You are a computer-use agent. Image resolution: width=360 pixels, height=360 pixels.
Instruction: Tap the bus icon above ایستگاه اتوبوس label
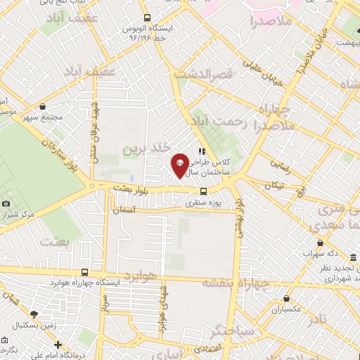(146, 18)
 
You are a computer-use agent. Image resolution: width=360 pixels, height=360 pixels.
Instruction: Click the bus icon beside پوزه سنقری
(203, 191)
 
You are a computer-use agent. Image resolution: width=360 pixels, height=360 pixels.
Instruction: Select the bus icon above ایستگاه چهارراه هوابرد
(84, 272)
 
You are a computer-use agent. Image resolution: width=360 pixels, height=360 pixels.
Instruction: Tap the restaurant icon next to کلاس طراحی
(202, 151)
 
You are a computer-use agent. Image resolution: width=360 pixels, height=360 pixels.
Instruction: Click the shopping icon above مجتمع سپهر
(44, 106)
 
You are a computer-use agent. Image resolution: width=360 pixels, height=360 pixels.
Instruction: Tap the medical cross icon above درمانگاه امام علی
(58, 345)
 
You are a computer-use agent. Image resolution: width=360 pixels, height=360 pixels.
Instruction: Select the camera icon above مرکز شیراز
(6, 203)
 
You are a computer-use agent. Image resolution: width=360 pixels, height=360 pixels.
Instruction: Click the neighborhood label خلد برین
(147, 149)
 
